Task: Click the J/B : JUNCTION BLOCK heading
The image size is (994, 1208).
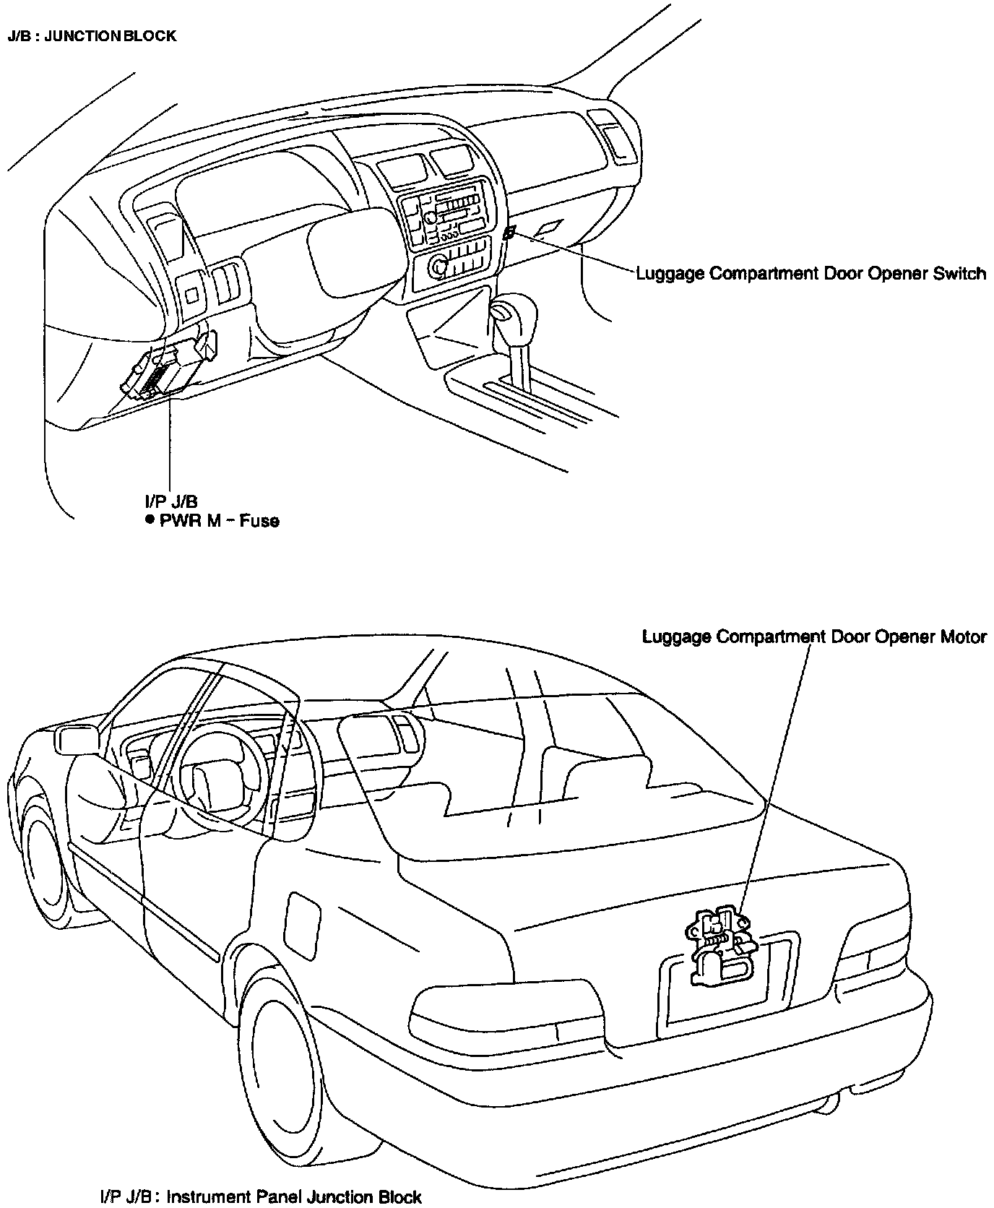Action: tap(92, 36)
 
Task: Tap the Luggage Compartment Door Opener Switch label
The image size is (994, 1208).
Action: tap(811, 274)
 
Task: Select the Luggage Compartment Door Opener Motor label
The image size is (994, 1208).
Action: tap(814, 637)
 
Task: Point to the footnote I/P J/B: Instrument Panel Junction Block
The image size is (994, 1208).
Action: tap(261, 1196)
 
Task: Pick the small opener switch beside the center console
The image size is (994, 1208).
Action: tap(509, 233)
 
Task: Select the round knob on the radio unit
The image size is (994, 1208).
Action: tap(438, 267)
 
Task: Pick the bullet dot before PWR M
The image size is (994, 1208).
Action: tap(149, 520)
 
